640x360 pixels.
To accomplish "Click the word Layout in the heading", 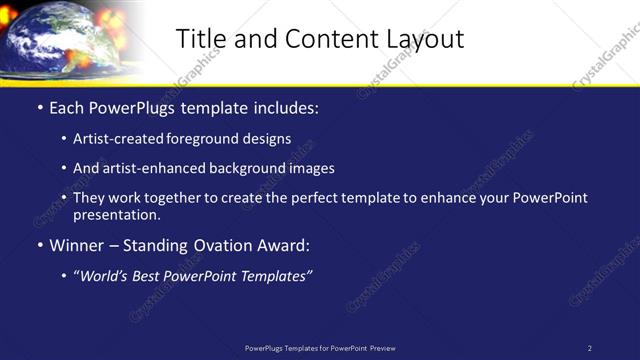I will pos(424,39).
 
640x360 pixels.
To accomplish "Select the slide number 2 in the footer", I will pos(589,348).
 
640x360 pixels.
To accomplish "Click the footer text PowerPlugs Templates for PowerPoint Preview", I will pos(320,348).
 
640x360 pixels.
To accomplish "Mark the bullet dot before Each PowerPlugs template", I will pos(40,106).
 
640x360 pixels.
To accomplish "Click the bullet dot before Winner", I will pos(40,245).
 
